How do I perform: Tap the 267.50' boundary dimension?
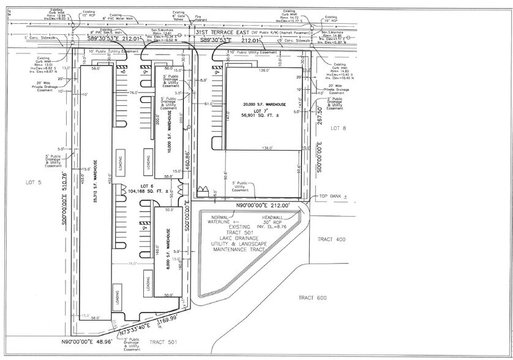(x=319, y=117)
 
